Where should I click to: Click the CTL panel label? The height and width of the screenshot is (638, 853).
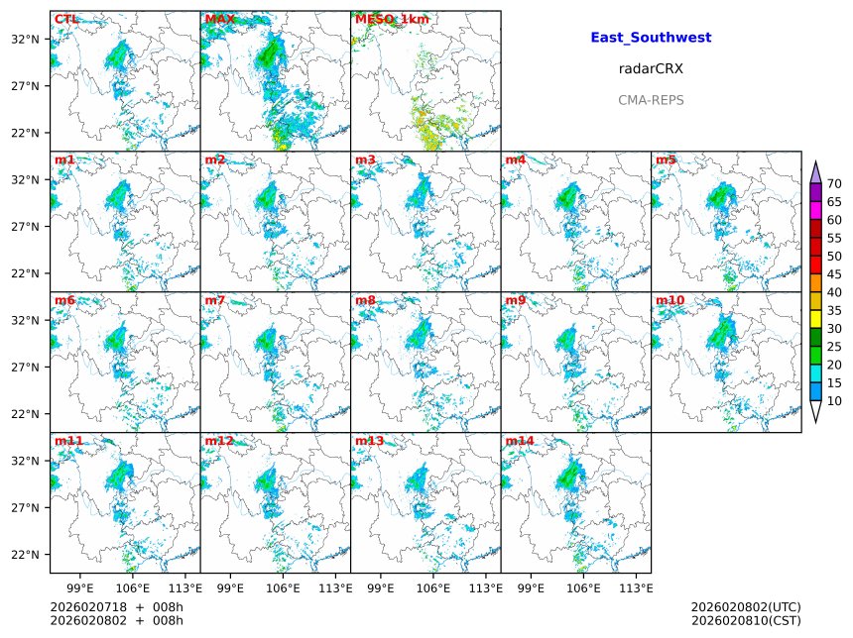[x=66, y=19]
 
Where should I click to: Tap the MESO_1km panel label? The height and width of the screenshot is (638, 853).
[x=392, y=19]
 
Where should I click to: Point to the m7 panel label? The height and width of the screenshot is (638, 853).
[x=215, y=300]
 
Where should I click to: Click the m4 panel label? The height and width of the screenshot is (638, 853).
[x=516, y=159]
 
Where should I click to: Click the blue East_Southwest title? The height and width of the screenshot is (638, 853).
[x=651, y=38]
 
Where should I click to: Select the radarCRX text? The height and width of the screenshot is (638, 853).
[x=651, y=69]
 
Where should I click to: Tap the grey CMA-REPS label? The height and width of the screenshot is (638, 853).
[x=651, y=100]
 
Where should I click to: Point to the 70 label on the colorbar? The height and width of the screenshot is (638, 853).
[x=834, y=183]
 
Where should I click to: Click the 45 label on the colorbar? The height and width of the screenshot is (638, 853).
[x=834, y=274]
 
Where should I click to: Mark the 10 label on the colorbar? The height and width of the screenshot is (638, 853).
[x=834, y=400]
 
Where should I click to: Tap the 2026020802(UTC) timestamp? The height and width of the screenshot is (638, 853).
[x=745, y=606]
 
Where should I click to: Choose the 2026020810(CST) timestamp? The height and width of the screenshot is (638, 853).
[x=745, y=621]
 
